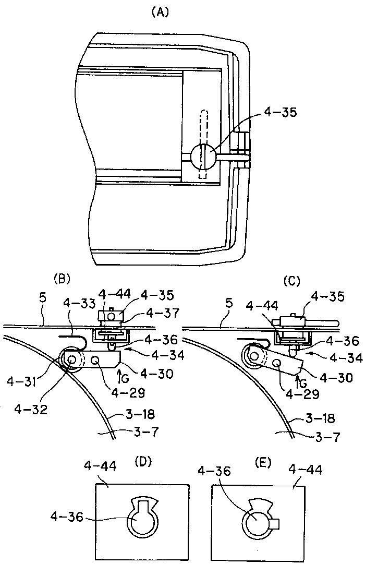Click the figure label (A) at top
(x=160, y=13)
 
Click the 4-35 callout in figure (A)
(x=280, y=113)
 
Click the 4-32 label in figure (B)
(x=31, y=410)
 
